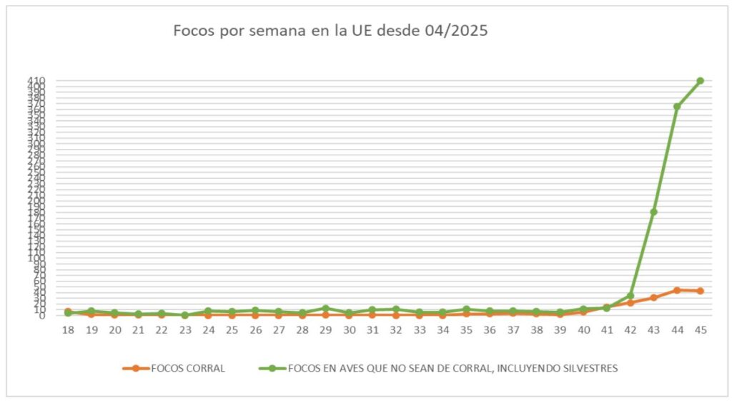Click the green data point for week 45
click(700, 81)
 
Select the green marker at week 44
click(676, 107)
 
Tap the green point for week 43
click(653, 212)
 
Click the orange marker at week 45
click(700, 291)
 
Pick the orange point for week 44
click(676, 290)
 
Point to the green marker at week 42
click(630, 296)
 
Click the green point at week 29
click(325, 308)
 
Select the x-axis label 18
click(68, 329)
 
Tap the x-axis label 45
click(700, 329)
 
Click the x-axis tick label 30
click(349, 329)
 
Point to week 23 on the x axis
click(185, 329)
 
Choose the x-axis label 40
click(583, 329)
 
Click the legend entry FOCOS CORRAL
click(187, 368)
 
